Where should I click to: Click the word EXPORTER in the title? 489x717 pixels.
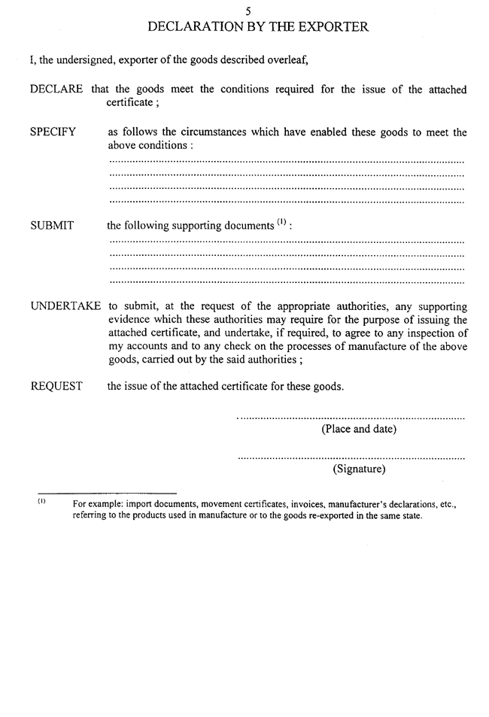[x=329, y=27]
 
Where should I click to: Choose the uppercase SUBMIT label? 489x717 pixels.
[x=51, y=226]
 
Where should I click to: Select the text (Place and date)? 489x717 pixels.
[x=359, y=430]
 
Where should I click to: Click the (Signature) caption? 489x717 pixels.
[x=359, y=470]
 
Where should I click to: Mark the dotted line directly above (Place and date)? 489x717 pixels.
[x=351, y=417]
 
